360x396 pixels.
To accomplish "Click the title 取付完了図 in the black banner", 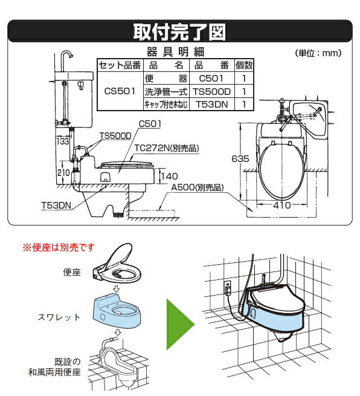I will click(179, 31).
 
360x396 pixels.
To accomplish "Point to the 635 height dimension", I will click(240, 159).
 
